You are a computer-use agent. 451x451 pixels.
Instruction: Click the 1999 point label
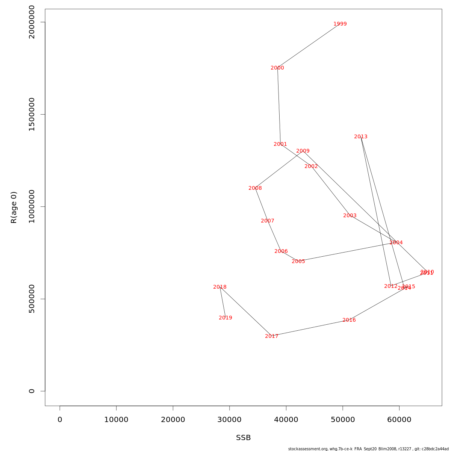point(340,24)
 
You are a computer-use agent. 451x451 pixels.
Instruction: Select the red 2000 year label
point(277,68)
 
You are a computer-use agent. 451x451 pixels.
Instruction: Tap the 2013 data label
point(361,137)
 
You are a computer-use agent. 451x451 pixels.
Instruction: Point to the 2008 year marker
point(255,188)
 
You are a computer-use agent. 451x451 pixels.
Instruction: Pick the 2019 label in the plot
point(225,318)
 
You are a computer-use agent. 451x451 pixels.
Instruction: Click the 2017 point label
point(272,336)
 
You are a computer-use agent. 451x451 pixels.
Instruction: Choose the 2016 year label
point(349,320)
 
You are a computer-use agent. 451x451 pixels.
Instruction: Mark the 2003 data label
point(350,216)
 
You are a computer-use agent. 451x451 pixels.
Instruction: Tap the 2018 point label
point(220,287)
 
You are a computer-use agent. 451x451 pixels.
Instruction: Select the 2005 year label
point(298,262)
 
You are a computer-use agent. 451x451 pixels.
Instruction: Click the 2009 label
point(303,151)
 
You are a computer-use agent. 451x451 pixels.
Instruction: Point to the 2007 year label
point(268,221)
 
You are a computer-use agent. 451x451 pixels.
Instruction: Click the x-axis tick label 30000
point(229,420)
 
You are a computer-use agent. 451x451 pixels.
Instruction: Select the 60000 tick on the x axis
point(399,420)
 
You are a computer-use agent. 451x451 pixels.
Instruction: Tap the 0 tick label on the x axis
point(60,420)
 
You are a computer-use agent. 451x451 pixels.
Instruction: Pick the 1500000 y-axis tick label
point(32,114)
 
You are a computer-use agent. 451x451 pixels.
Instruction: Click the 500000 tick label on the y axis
point(32,299)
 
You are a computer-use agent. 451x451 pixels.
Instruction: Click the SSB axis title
point(243,438)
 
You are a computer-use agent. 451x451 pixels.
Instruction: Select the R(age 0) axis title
point(14,207)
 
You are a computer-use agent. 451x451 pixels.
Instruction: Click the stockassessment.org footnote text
point(368,449)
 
